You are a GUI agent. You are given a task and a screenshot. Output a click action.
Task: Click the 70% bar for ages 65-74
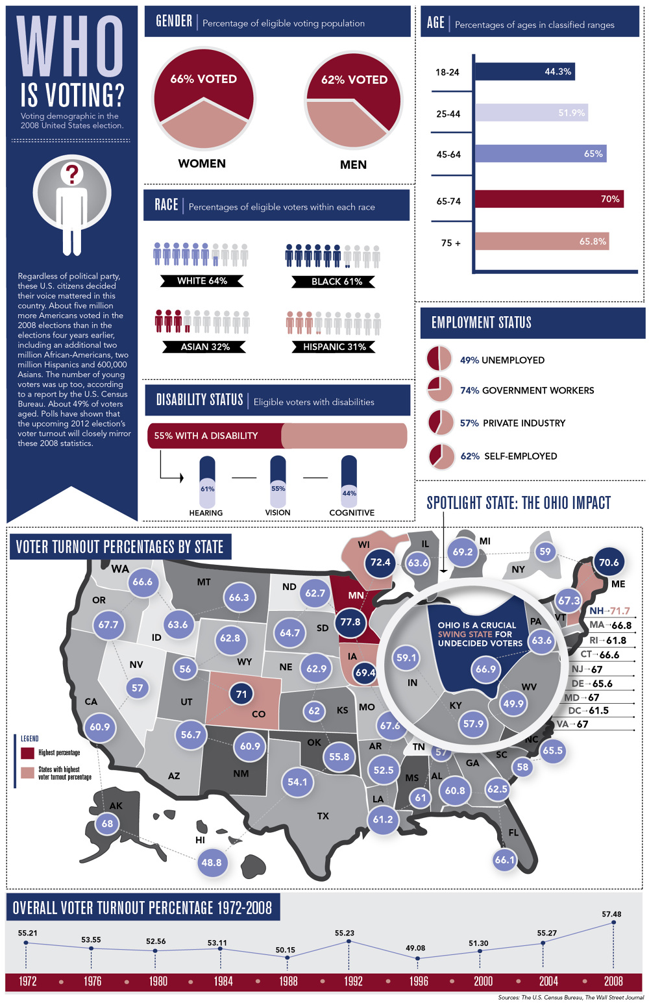click(x=549, y=199)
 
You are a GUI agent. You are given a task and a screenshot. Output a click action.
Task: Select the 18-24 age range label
click(x=447, y=72)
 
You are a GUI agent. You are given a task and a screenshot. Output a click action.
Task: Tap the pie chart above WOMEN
click(x=204, y=101)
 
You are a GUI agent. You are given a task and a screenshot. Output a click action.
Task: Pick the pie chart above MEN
click(x=354, y=101)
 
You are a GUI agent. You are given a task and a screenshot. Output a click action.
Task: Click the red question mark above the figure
click(x=72, y=173)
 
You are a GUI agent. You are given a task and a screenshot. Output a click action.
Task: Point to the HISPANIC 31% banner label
click(x=334, y=347)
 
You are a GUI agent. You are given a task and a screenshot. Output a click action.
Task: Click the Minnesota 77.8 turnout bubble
click(x=350, y=622)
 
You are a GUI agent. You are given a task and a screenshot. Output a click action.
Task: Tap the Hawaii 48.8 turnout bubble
click(x=212, y=862)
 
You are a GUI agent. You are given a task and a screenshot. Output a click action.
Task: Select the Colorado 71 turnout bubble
click(x=241, y=694)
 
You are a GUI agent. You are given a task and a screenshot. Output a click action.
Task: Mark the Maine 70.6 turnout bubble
click(x=609, y=562)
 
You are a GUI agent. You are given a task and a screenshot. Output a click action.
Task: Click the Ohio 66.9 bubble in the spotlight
click(x=485, y=669)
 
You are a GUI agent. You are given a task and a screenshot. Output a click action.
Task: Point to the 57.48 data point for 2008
click(x=613, y=922)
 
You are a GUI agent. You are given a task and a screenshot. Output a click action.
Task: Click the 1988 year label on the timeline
click(x=288, y=981)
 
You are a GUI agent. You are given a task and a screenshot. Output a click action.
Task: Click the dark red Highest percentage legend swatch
click(x=27, y=752)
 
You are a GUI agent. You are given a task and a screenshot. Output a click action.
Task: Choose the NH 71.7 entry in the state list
click(x=609, y=611)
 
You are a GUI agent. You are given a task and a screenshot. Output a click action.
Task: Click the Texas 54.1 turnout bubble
click(x=297, y=782)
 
